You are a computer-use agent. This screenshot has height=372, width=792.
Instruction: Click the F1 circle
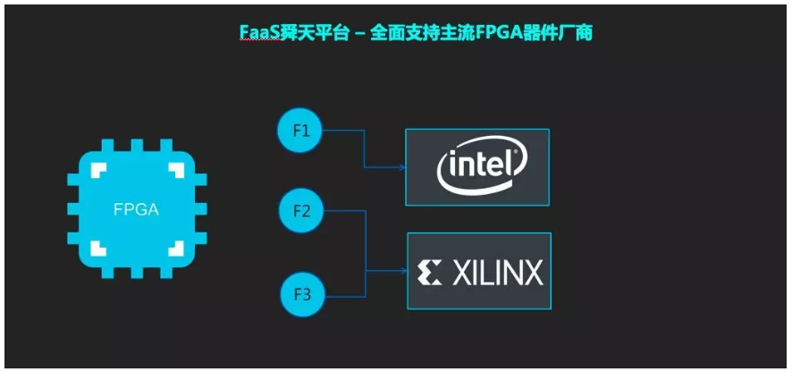coord(300,131)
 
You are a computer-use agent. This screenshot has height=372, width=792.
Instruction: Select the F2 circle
coord(300,212)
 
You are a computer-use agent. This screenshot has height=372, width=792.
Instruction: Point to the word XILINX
coord(496,272)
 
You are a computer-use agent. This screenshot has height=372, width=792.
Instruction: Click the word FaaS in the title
coord(256,33)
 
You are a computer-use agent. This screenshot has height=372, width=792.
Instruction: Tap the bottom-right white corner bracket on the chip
coord(175,247)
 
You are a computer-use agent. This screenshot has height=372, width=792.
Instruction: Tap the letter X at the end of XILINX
coord(532,272)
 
